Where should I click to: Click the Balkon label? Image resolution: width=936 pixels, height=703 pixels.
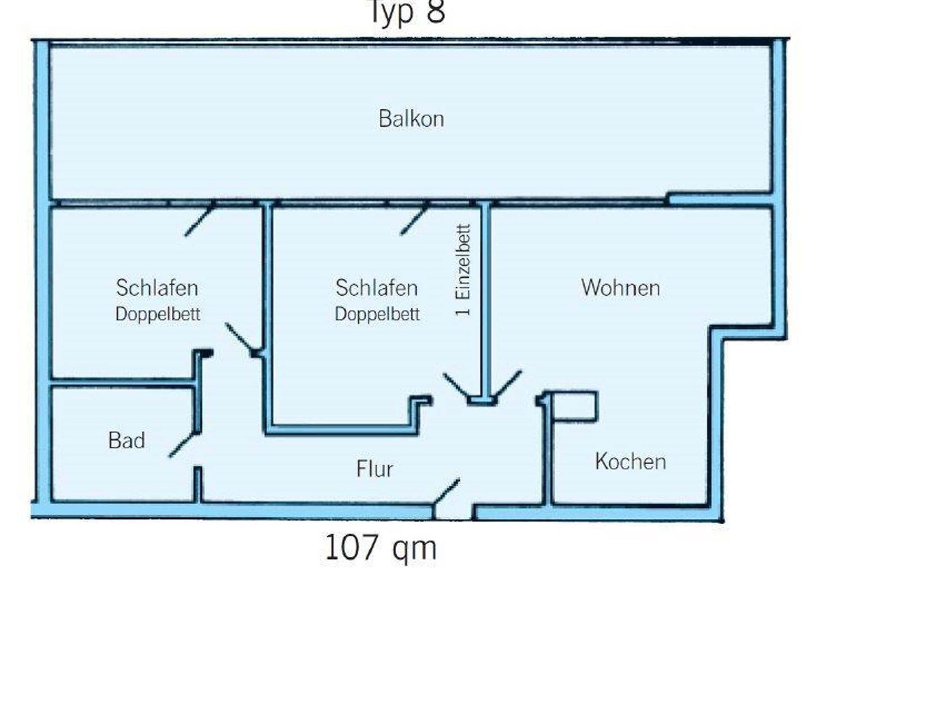pos(411,119)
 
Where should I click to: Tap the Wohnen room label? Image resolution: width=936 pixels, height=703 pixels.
pos(621,288)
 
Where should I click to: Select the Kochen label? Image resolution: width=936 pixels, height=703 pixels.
pos(630,461)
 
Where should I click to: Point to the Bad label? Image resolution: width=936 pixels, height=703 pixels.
pos(127,441)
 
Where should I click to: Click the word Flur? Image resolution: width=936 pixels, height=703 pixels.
pos(374,469)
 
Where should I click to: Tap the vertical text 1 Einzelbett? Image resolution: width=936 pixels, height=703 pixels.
pos(463,271)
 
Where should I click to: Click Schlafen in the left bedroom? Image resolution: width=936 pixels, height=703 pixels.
pos(157,288)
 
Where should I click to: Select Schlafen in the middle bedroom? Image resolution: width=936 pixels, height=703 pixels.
pos(377,288)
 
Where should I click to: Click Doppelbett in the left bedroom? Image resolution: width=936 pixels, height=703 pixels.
pos(158,314)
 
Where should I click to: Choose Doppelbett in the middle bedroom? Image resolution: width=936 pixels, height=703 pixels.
pos(377,314)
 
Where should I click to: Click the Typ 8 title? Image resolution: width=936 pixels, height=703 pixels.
pos(406,12)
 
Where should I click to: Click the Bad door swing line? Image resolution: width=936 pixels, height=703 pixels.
pos(183,444)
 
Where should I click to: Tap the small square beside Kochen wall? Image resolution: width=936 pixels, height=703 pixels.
pos(574,406)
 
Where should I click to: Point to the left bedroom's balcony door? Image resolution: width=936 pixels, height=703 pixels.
pos(199,220)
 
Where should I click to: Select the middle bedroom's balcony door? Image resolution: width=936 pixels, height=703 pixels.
pos(415,219)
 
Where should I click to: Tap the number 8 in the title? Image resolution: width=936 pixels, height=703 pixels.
pos(436,12)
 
